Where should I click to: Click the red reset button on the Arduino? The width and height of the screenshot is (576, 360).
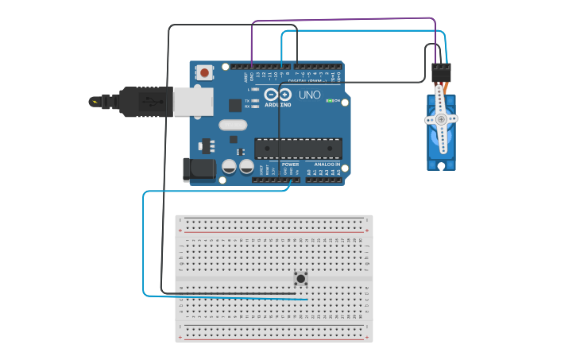pyautogui.click(x=205, y=72)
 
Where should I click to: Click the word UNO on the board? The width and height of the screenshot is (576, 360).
pyautogui.click(x=310, y=95)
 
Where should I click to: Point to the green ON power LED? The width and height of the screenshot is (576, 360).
pyautogui.click(x=330, y=101)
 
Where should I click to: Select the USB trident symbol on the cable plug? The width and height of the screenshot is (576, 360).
pyautogui.click(x=148, y=102)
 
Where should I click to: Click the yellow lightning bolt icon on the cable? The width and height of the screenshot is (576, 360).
pyautogui.click(x=96, y=102)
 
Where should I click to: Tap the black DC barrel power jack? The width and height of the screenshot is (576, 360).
pyautogui.click(x=198, y=168)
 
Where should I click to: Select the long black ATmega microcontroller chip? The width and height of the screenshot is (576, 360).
pyautogui.click(x=298, y=148)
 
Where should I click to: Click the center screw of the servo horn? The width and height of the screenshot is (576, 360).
pyautogui.click(x=441, y=119)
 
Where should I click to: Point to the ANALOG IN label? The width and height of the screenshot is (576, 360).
pyautogui.click(x=327, y=165)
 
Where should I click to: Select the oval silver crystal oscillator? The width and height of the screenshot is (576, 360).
pyautogui.click(x=233, y=124)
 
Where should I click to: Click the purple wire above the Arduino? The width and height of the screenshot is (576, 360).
pyautogui.click(x=342, y=18)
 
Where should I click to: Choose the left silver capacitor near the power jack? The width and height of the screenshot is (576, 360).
pyautogui.click(x=229, y=167)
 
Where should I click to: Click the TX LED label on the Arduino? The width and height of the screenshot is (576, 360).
pyautogui.click(x=248, y=101)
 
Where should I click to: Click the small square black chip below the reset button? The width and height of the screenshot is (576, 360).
pyautogui.click(x=235, y=104)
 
